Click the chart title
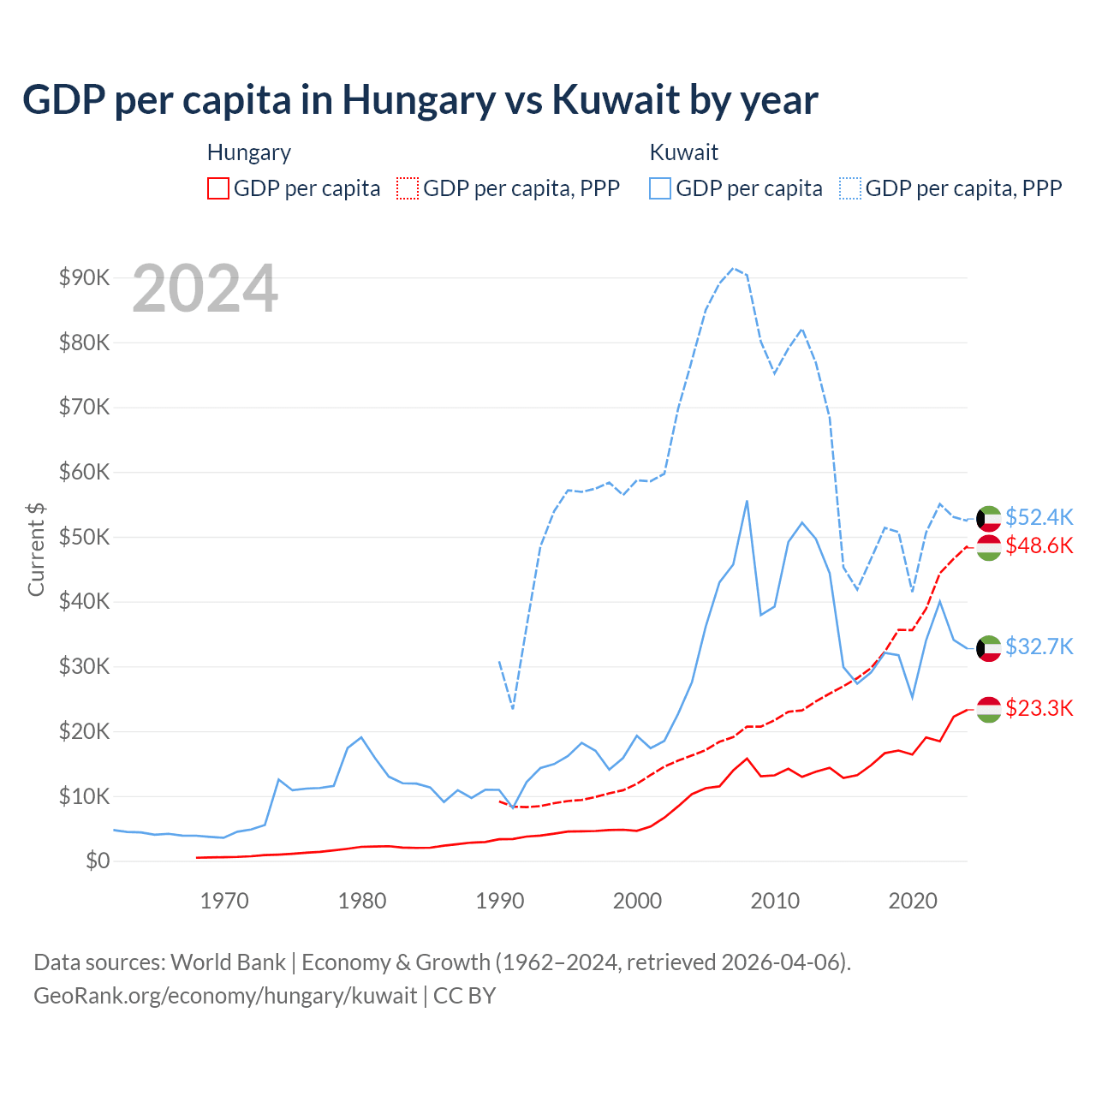[x=420, y=99]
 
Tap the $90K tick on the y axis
[x=84, y=277]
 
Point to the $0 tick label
[x=98, y=861]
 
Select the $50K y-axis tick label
[x=84, y=537]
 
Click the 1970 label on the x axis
[x=224, y=901]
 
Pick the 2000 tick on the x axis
[x=637, y=901]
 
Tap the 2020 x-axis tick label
[x=913, y=901]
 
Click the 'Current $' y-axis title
[x=36, y=549]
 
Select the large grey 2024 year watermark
[x=205, y=289]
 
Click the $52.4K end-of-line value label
[x=1039, y=517]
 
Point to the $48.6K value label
[x=1039, y=545]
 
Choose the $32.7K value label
[x=1039, y=646]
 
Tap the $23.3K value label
[x=1039, y=708]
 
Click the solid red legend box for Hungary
[x=218, y=188]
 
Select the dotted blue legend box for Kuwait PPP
[x=850, y=188]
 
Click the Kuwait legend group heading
[x=683, y=152]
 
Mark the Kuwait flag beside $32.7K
[x=989, y=648]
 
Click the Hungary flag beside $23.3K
[x=989, y=710]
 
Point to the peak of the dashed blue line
[x=733, y=268]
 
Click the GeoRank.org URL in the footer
[x=225, y=996]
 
